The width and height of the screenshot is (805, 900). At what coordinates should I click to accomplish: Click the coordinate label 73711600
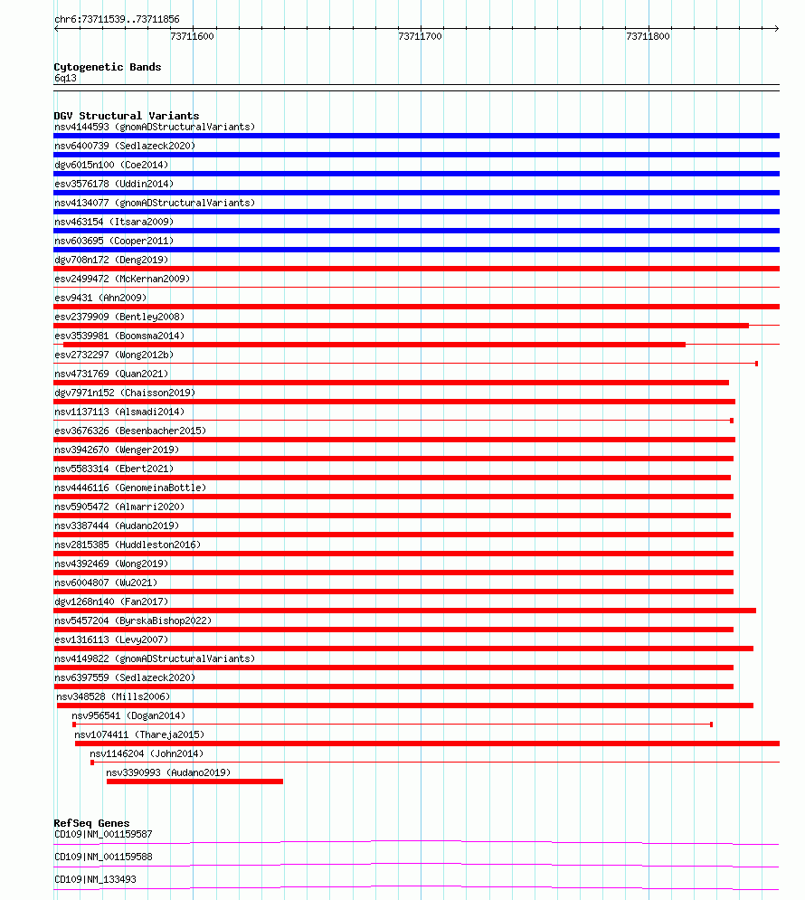(192, 36)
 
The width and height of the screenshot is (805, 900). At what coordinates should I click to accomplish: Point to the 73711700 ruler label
(420, 36)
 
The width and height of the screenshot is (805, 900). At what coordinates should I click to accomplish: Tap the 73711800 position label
(648, 36)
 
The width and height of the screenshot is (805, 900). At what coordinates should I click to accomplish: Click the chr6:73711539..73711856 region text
(117, 19)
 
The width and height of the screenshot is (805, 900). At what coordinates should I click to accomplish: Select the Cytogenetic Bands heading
(108, 67)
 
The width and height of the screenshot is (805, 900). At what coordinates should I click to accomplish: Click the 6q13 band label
(66, 78)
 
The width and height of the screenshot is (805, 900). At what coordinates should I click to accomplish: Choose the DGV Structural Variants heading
(126, 116)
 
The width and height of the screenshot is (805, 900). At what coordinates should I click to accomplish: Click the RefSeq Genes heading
(91, 823)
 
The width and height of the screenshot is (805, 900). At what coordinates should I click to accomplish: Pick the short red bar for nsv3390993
(194, 782)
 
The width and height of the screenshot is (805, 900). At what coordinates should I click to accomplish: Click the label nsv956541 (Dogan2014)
(128, 715)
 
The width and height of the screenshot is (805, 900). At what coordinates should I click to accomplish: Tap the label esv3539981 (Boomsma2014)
(118, 336)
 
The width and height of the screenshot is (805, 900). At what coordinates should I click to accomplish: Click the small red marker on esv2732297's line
(756, 364)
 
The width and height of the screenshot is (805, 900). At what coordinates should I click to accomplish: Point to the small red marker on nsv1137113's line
(732, 421)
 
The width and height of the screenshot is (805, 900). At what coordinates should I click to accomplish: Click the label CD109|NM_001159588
(103, 857)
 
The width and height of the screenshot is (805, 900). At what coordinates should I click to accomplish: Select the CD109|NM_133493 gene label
(97, 879)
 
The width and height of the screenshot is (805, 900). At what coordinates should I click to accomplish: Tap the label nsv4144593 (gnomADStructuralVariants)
(155, 127)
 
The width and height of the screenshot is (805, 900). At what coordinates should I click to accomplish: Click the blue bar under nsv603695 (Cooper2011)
(416, 250)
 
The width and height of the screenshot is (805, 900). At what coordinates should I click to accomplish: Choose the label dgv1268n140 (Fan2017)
(111, 602)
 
